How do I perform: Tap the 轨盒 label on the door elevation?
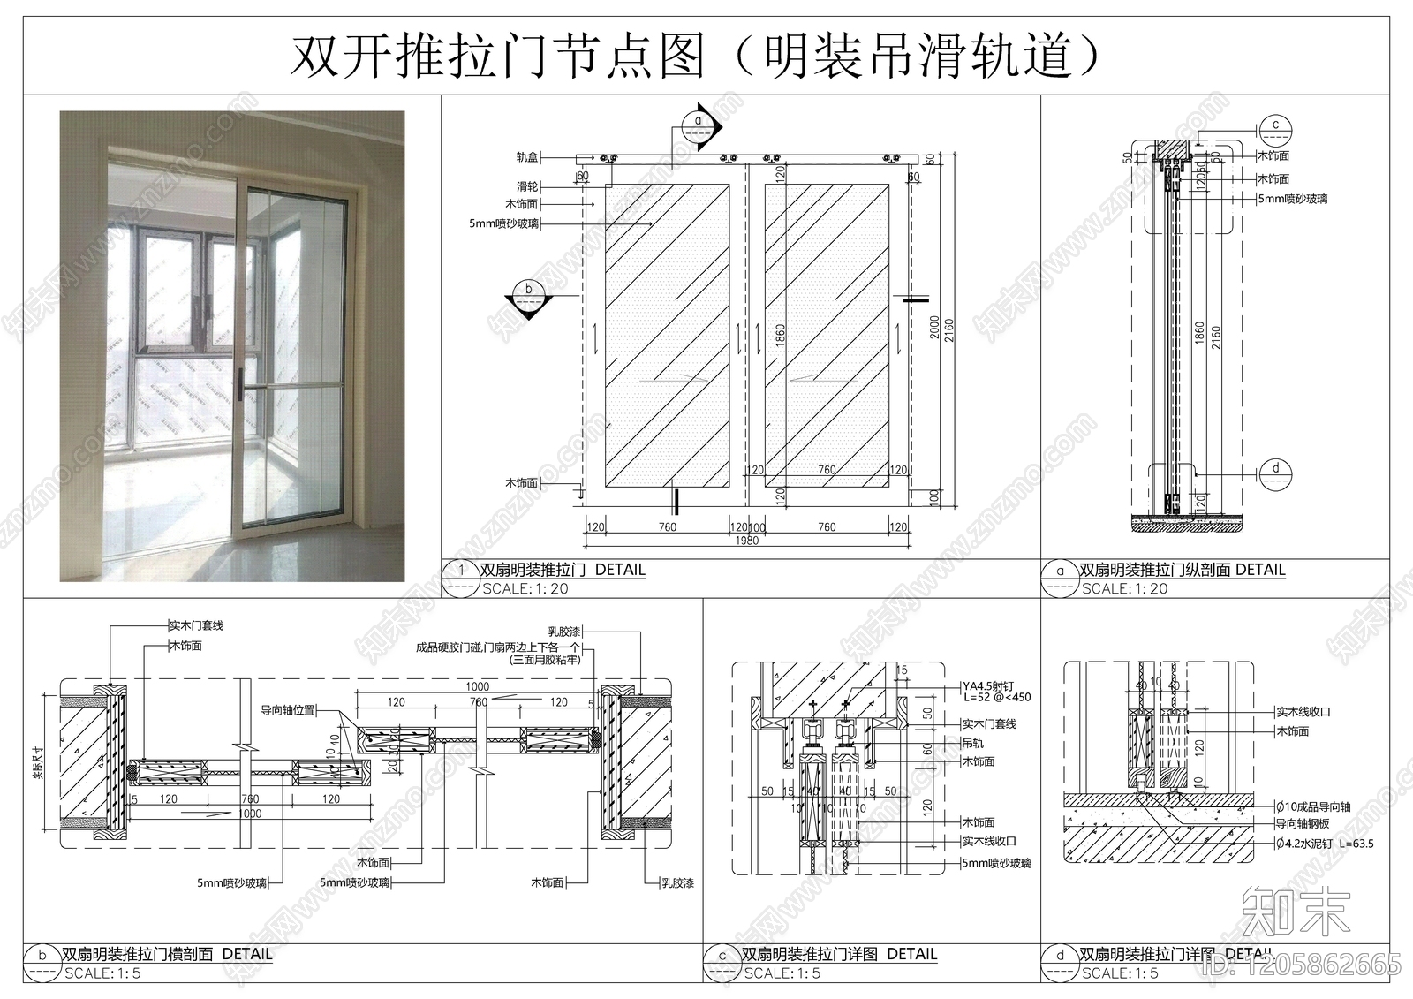coord(527,157)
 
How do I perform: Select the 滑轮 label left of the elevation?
coord(527,187)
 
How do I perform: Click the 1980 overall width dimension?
coord(746,541)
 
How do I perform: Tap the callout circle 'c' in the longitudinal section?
coord(1275,125)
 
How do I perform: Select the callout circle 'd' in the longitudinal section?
coord(1275,469)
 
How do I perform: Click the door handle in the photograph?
coord(239,385)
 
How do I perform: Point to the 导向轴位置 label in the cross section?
coord(287,709)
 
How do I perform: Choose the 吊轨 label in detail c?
coord(972,743)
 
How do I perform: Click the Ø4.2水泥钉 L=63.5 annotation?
coord(1325,844)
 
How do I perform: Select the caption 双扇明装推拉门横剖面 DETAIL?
coord(167,954)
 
